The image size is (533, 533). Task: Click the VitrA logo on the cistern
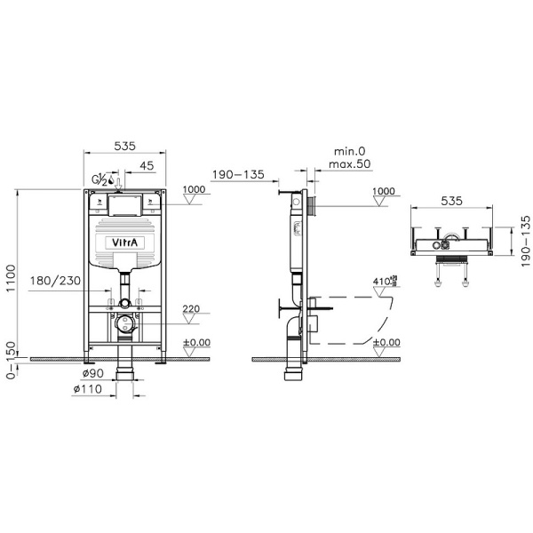(x=123, y=243)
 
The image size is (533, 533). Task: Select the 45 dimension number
(x=146, y=165)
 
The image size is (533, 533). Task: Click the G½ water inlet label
(x=100, y=180)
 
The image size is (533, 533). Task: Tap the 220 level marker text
(x=191, y=310)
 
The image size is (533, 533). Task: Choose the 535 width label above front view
(x=123, y=147)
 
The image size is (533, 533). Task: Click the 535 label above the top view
(x=453, y=202)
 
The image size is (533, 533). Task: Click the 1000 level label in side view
(x=384, y=190)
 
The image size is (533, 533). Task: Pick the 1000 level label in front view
(x=194, y=190)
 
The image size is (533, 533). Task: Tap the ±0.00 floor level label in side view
(x=386, y=342)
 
